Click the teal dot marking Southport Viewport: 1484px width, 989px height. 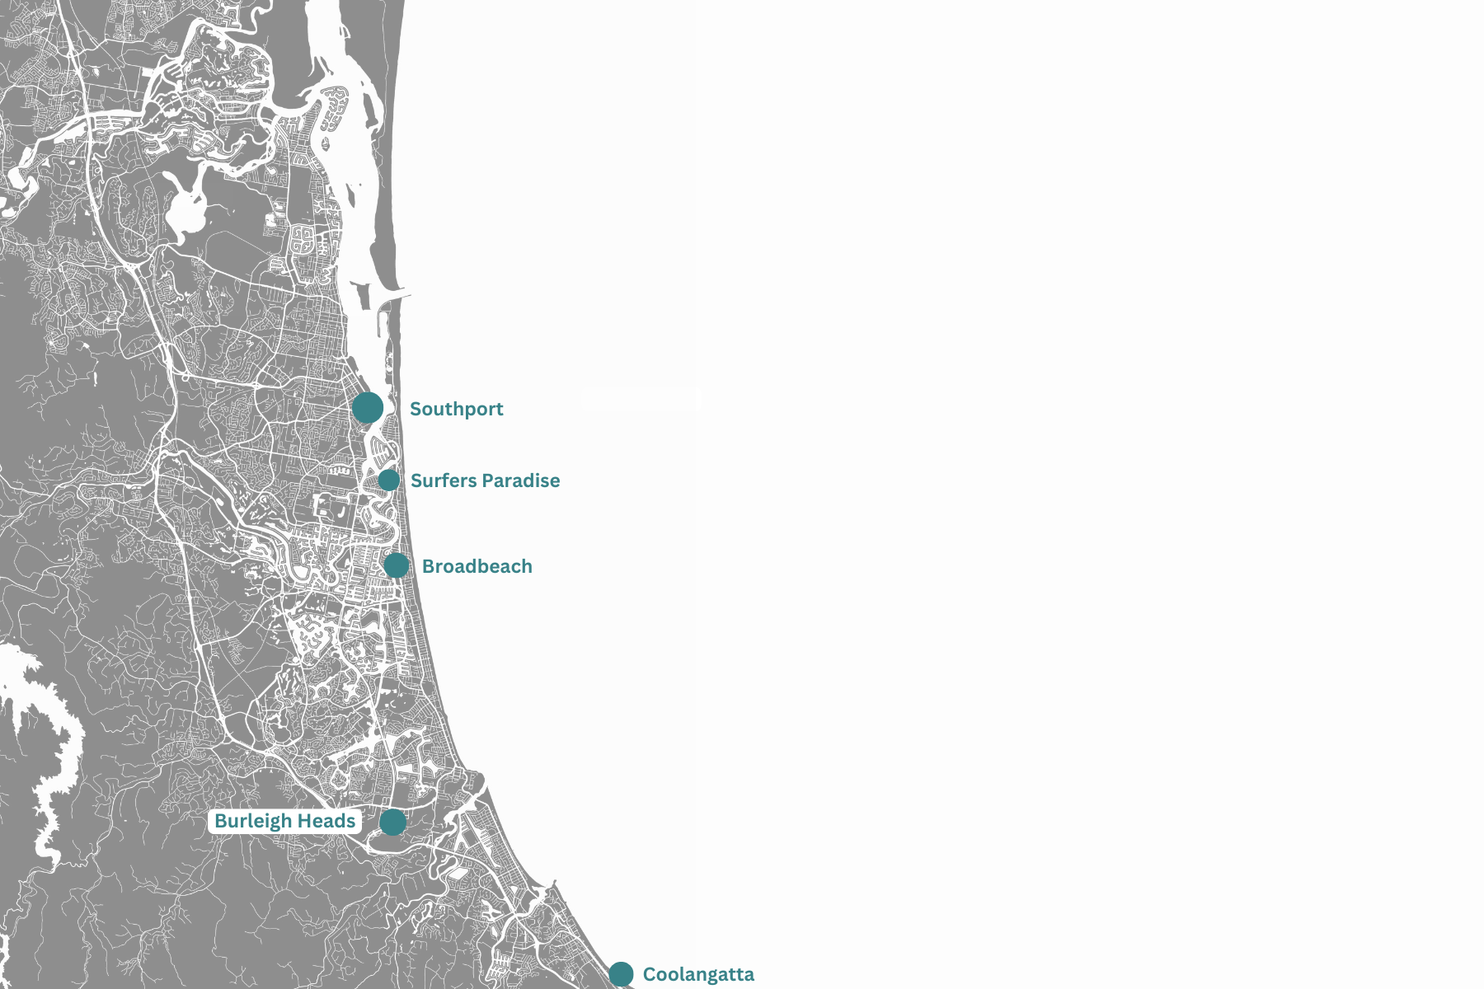coord(368,407)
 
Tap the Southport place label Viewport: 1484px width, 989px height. coord(456,409)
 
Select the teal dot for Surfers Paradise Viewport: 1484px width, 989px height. coord(389,480)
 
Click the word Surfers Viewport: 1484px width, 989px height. coord(444,480)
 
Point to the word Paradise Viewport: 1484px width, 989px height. coord(521,480)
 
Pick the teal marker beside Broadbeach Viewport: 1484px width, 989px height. coord(397,565)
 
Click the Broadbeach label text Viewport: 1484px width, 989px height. coord(477,566)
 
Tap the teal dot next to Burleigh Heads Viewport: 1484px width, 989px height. coord(393,822)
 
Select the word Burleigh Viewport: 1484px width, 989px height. coord(253,821)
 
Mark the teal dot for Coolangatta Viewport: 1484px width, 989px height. coord(621,974)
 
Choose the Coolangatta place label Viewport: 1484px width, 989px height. coord(698,974)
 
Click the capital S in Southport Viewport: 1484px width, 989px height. coord(416,409)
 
